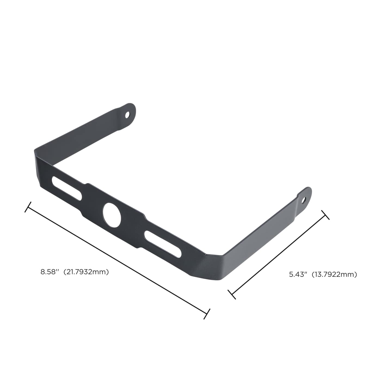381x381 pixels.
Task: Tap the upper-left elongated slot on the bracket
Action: click(x=67, y=188)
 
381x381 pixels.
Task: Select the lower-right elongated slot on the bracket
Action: click(x=163, y=244)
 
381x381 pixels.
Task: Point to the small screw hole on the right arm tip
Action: click(x=303, y=200)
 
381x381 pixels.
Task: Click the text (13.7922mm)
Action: click(x=334, y=274)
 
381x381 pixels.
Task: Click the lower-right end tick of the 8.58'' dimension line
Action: click(x=207, y=314)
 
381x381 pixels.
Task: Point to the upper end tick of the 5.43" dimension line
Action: click(x=325, y=215)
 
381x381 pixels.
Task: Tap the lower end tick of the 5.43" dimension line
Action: click(x=232, y=294)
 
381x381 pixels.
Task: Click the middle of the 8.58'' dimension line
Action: click(x=117, y=260)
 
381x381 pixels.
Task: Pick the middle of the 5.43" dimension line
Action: click(x=279, y=254)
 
